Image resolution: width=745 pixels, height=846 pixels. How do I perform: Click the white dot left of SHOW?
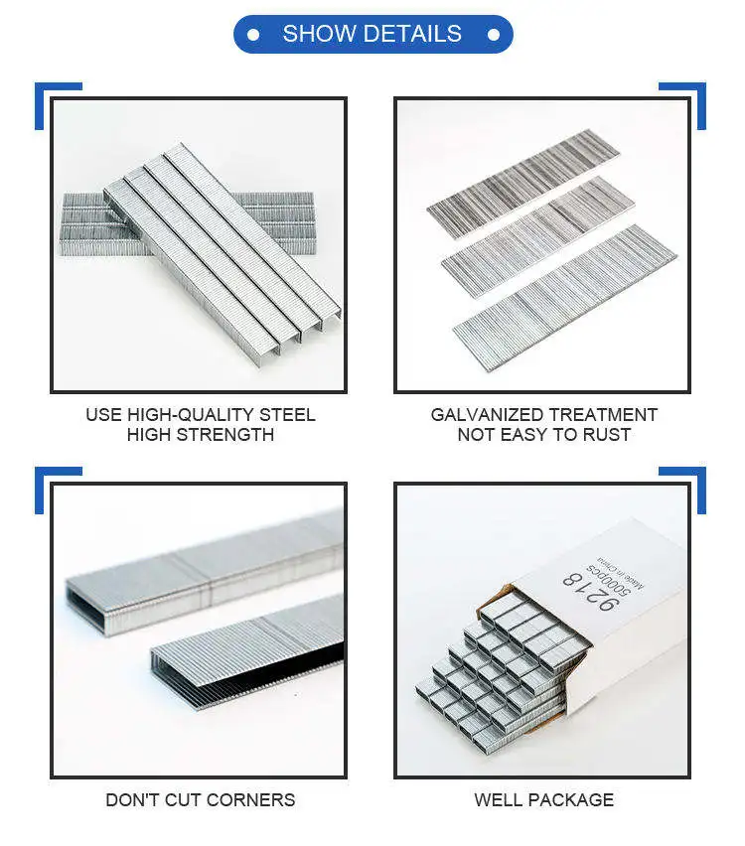point(253,35)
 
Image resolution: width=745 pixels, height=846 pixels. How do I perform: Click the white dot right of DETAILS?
point(493,35)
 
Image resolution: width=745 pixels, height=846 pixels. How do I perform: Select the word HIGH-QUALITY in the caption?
point(192,415)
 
